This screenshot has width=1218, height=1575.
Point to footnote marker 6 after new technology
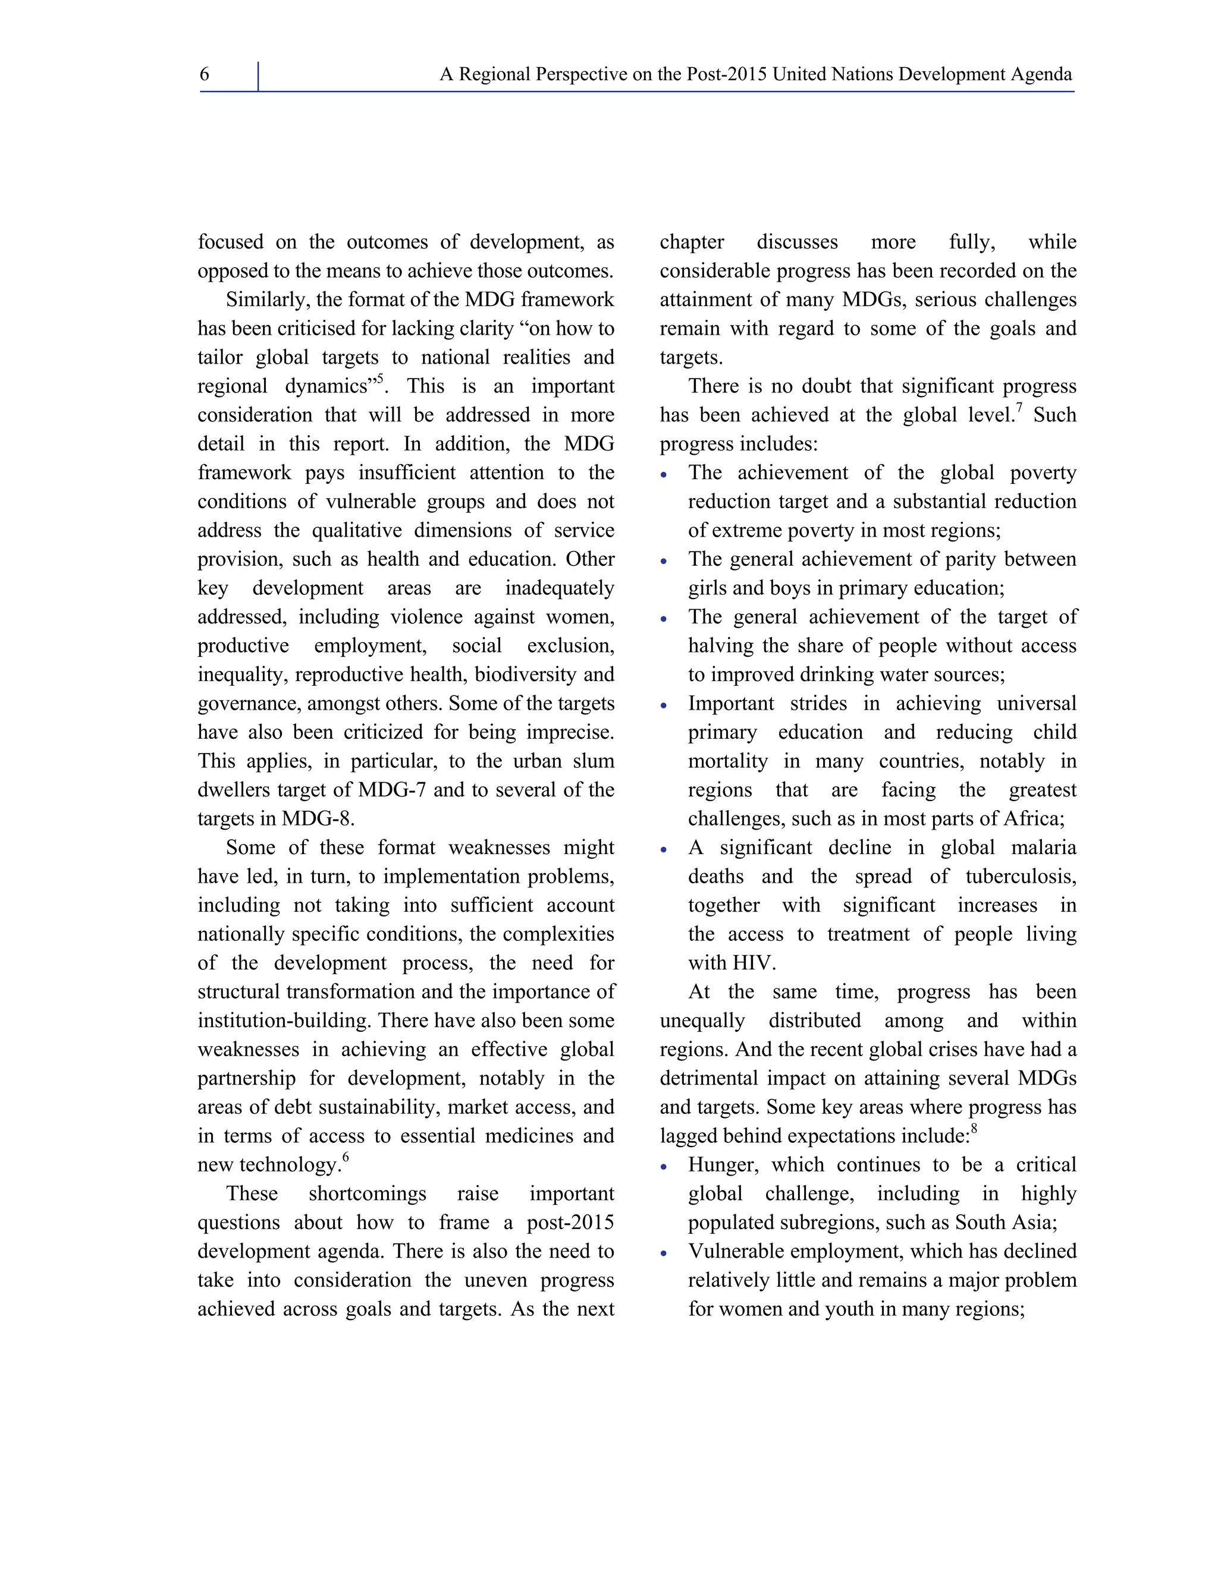click(x=346, y=1157)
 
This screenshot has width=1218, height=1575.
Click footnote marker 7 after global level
click(x=1019, y=408)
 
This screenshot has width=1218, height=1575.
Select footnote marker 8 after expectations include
click(x=974, y=1129)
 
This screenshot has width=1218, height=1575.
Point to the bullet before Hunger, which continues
click(x=664, y=1167)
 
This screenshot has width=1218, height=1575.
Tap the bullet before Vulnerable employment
click(x=664, y=1253)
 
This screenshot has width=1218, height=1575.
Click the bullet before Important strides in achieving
click(x=664, y=705)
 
